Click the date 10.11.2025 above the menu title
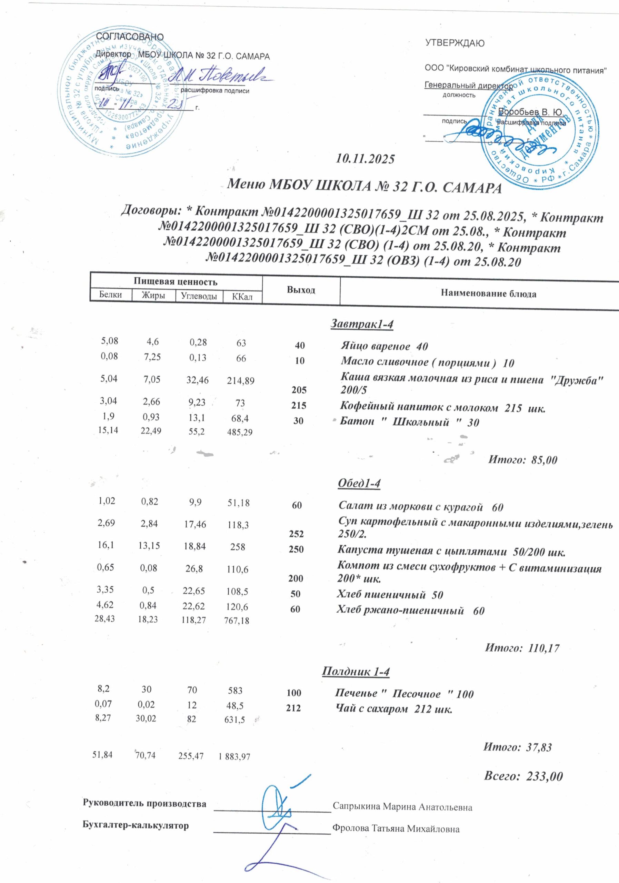click(365, 159)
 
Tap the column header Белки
click(110, 295)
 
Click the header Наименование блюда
click(488, 294)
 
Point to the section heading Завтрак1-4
click(362, 324)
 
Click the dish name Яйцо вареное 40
click(384, 346)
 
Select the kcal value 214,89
click(240, 381)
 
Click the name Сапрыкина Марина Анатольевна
click(402, 806)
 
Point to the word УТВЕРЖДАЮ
click(455, 43)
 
